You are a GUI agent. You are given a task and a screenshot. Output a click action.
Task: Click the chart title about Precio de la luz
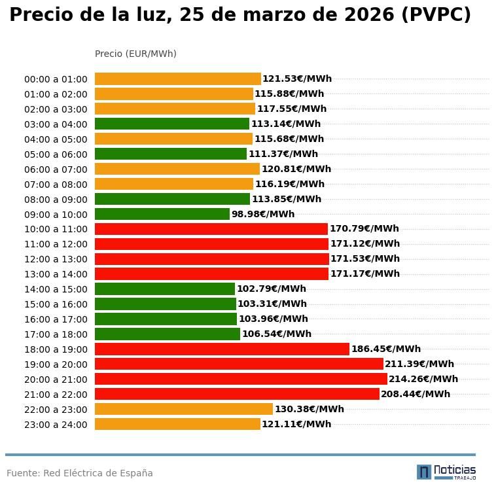(240, 16)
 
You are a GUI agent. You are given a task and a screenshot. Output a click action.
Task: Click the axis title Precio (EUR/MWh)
(135, 54)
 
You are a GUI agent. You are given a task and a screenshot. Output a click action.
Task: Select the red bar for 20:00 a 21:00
(241, 379)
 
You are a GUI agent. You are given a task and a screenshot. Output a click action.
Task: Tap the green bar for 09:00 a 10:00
(162, 214)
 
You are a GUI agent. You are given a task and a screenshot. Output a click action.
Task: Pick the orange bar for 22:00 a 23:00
(184, 409)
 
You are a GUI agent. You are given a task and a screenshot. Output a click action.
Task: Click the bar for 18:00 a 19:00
(222, 349)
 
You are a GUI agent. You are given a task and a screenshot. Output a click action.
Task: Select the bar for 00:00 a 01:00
(178, 79)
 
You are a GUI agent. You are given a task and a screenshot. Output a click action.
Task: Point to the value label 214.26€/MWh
(423, 379)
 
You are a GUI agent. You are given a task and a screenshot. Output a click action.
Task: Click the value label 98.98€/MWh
(263, 214)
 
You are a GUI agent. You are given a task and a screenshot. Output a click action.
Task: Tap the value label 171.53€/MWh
(364, 258)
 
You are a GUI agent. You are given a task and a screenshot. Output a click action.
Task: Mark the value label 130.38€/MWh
(309, 409)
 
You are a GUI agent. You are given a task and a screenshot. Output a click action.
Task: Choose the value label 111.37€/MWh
(283, 154)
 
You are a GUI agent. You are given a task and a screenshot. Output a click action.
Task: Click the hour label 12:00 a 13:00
(56, 259)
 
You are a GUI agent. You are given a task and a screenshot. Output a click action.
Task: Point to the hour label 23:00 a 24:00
(56, 425)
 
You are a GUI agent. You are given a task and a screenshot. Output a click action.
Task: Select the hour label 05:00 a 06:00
(56, 154)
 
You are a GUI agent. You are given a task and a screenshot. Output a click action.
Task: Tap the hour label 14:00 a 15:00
(56, 289)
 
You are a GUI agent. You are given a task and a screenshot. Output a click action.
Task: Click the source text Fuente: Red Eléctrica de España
(80, 473)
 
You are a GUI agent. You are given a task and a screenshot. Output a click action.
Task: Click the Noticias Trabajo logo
(446, 472)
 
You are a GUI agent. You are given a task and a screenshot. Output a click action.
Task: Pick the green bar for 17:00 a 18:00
(168, 334)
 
